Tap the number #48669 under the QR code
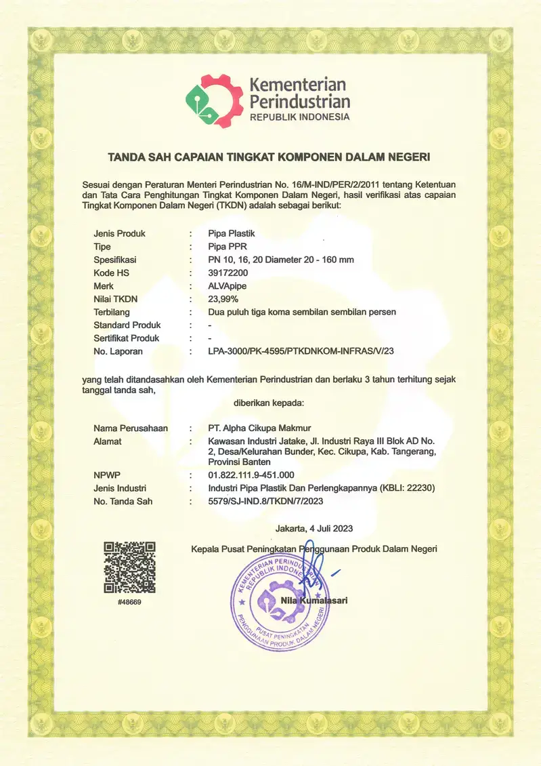click(129, 601)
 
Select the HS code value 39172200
click(229, 273)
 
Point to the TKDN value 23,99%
click(223, 299)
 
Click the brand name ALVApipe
click(228, 286)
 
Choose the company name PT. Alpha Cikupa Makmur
click(259, 428)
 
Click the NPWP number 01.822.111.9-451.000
click(251, 475)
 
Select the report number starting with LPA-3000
click(301, 352)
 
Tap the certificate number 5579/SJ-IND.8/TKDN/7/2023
click(265, 502)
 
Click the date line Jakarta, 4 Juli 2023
click(314, 528)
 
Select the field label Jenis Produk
click(119, 233)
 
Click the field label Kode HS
click(111, 273)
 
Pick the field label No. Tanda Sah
click(123, 502)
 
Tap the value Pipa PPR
click(226, 247)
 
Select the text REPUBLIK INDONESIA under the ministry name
click(300, 117)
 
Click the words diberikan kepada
click(269, 403)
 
